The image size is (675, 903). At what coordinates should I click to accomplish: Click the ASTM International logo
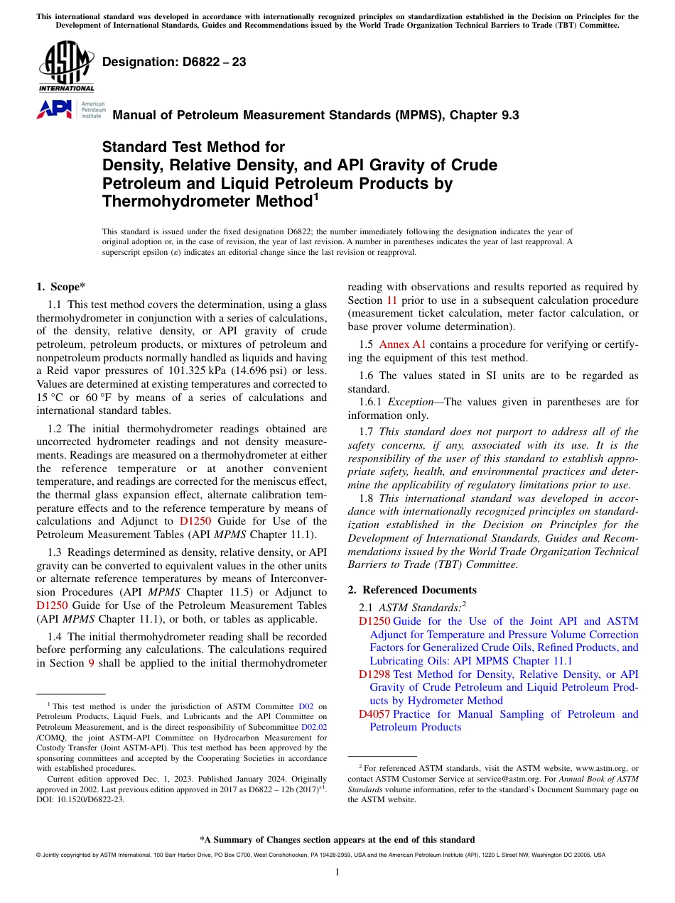point(66,67)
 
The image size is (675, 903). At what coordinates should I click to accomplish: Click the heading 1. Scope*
point(60,287)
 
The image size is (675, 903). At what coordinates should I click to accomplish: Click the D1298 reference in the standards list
point(374,674)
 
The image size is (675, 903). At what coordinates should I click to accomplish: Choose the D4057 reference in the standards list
point(374,714)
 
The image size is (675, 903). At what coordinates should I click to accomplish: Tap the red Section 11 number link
point(391,300)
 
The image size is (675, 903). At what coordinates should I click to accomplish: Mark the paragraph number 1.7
point(367,432)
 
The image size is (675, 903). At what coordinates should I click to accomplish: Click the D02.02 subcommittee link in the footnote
point(314,727)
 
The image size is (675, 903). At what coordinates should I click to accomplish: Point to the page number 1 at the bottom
point(337,872)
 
